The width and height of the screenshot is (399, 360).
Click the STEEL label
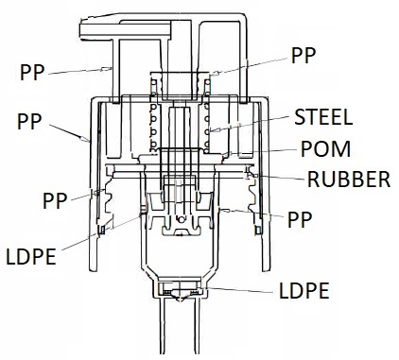(323, 117)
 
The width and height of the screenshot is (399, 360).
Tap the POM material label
(325, 149)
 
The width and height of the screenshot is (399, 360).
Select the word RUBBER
(349, 180)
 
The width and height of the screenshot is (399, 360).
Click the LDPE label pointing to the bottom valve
(304, 291)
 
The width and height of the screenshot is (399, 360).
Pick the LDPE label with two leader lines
(31, 257)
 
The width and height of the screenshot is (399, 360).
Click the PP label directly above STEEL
(304, 56)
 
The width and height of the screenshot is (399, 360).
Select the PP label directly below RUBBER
(300, 220)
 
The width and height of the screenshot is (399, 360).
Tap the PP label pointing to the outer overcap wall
(29, 122)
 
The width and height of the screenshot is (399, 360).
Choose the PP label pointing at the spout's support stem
(32, 73)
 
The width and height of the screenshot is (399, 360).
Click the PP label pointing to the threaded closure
(55, 201)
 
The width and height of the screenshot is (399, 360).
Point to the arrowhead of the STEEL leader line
(214, 130)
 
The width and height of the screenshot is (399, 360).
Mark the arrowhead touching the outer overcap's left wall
(85, 139)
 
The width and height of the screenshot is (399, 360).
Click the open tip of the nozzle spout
(80, 29)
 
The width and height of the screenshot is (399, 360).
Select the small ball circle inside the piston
(181, 219)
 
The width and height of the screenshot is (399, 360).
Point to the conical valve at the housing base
(180, 296)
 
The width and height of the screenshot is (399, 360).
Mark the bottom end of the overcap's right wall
(267, 270)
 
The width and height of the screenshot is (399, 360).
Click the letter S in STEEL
(299, 117)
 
